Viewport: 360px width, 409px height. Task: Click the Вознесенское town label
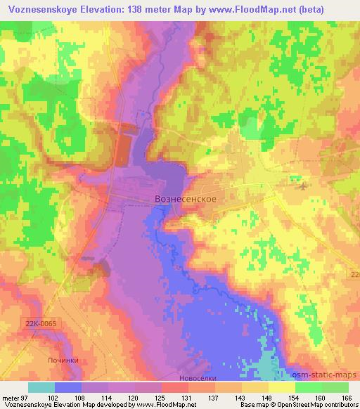coord(185,199)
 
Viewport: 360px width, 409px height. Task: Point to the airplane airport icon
coord(302,186)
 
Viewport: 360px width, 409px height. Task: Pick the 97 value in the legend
coord(27,397)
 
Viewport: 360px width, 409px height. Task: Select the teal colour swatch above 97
coord(41,387)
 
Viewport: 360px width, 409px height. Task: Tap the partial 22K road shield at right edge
coord(354,271)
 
